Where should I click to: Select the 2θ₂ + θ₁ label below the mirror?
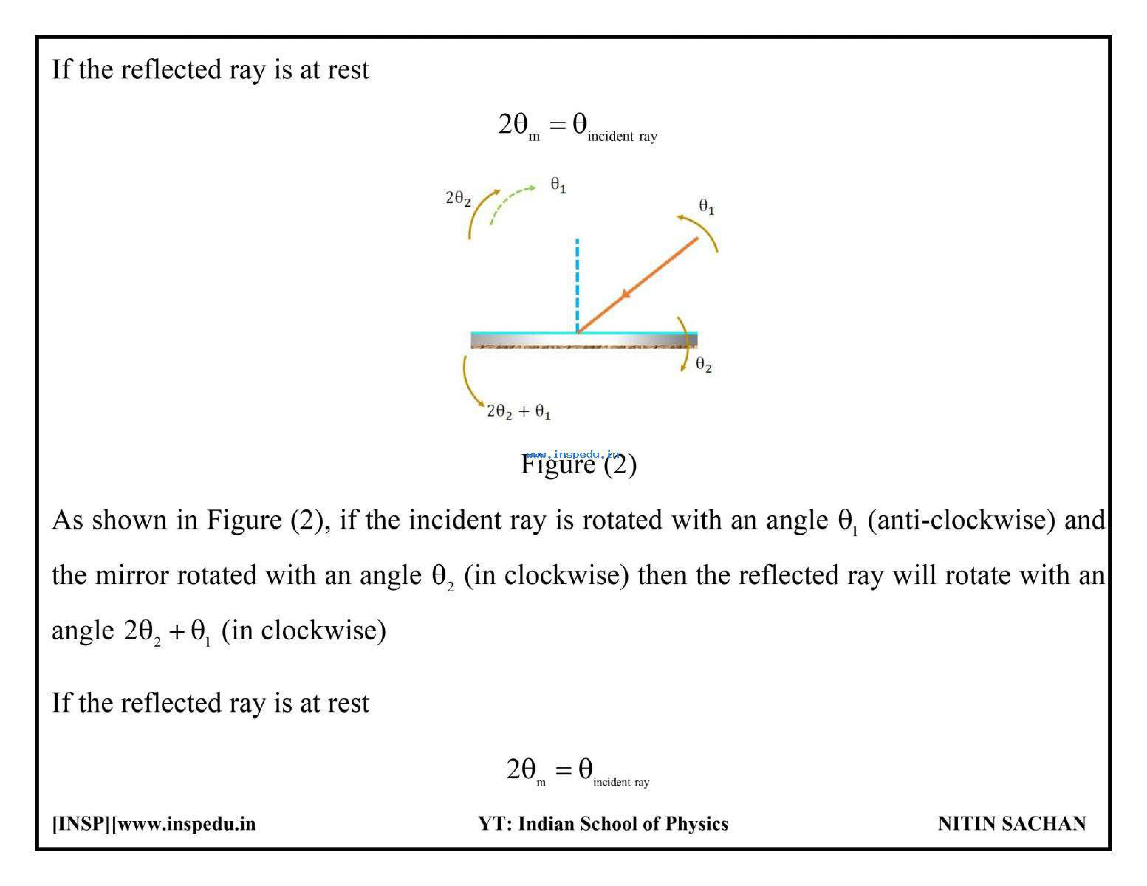[x=518, y=411]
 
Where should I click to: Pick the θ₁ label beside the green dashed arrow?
[x=558, y=185]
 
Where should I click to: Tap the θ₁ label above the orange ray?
[x=706, y=206]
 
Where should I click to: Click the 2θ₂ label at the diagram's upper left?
[x=458, y=198]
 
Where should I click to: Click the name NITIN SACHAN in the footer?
[x=1012, y=823]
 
